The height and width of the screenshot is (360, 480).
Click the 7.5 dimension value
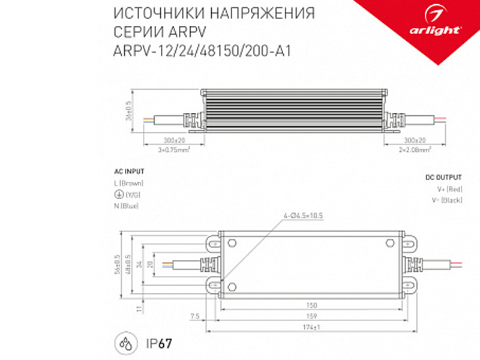point(194,316)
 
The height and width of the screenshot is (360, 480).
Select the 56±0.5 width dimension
point(118,265)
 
